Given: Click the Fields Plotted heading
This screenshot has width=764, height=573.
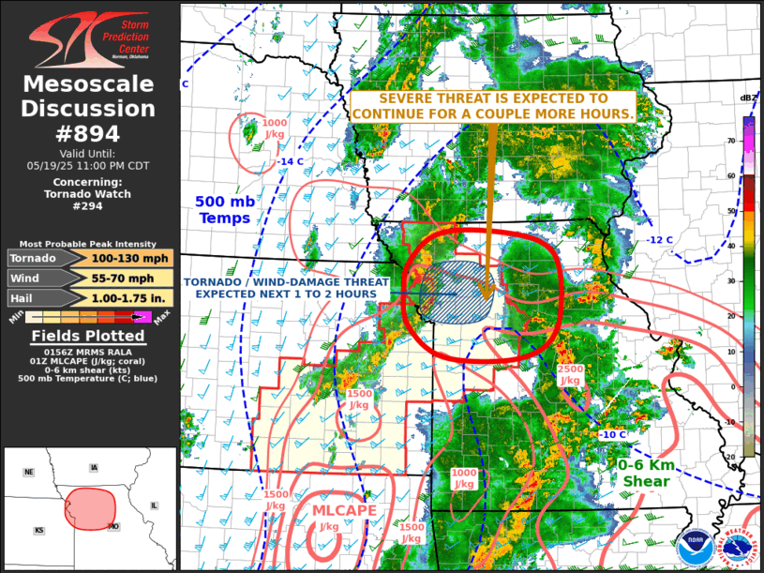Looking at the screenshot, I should tap(89, 337).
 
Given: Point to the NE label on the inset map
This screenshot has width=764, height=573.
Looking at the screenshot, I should tap(28, 472).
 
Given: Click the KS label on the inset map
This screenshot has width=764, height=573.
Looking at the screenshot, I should tap(39, 530).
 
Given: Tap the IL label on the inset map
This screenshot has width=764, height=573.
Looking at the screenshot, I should tap(154, 505).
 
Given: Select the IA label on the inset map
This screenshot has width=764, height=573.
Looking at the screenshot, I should tap(93, 467).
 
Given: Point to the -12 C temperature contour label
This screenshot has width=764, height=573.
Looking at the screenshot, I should tap(660, 240).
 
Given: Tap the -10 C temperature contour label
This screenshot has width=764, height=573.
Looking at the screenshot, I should tap(612, 435).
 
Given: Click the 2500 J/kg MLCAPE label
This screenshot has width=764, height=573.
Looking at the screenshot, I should tap(571, 374).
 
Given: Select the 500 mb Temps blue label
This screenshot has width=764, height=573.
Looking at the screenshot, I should tap(222, 209).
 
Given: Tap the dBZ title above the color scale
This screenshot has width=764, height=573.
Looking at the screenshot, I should tap(747, 98).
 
